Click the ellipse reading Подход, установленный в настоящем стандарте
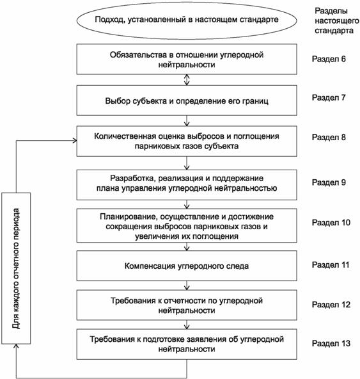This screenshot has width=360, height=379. [187, 20]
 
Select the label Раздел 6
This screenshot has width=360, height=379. [329, 59]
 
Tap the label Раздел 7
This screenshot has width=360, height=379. [329, 98]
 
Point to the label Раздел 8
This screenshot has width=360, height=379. [329, 137]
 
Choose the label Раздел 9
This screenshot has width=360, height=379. [329, 182]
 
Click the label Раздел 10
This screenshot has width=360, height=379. [331, 222]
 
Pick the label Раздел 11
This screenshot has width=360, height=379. [331, 265]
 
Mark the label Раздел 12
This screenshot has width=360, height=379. [331, 305]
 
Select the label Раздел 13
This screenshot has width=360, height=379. [331, 343]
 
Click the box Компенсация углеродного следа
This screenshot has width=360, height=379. [187, 266]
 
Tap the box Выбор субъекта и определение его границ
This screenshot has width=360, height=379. [187, 101]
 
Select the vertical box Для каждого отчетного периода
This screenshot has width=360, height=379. [16, 268]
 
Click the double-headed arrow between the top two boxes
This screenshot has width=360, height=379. [187, 80]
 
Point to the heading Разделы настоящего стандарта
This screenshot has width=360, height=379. [336, 20]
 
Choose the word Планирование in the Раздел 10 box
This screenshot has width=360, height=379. [127, 217]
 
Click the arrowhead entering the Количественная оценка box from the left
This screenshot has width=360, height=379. [75, 141]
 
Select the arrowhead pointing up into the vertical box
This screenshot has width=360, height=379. [16, 346]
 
